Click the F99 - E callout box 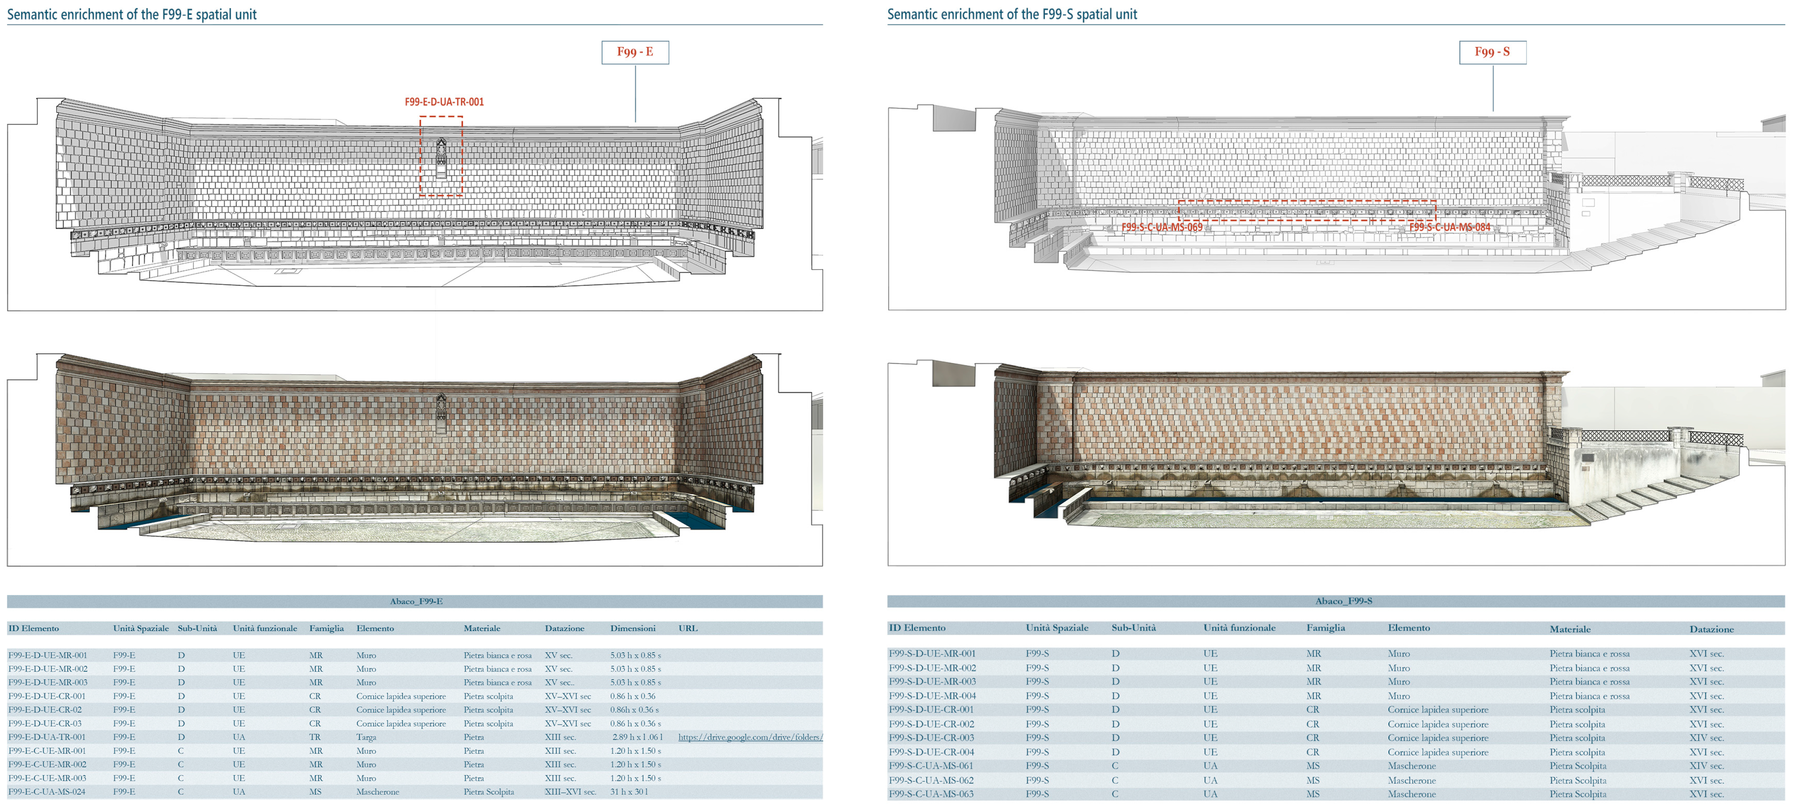[x=635, y=52]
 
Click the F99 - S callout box [x=1492, y=52]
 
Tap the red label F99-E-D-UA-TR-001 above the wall [x=444, y=101]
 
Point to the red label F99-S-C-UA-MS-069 [x=1162, y=227]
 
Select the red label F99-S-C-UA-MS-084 [x=1450, y=227]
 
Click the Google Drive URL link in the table [x=749, y=737]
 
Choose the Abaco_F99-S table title [x=1343, y=601]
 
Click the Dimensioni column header [x=633, y=628]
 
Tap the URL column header [x=688, y=628]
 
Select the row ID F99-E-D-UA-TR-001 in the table [x=47, y=737]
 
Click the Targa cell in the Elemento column [x=366, y=737]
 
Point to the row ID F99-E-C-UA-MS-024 [x=47, y=792]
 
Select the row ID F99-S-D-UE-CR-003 [x=931, y=738]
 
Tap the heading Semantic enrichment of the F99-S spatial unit [x=1012, y=14]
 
